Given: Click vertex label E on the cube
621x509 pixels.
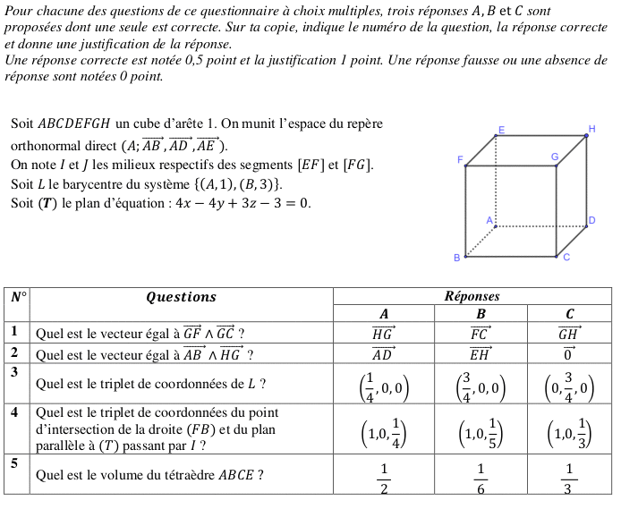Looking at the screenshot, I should [x=501, y=130].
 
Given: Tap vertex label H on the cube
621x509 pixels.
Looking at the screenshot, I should [x=591, y=128].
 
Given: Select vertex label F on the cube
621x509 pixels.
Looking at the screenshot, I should [x=460, y=160].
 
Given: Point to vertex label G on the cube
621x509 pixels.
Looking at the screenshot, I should [x=555, y=157].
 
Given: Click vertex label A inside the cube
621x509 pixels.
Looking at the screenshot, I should [x=489, y=219].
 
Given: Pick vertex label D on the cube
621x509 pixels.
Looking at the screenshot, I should [x=591, y=220].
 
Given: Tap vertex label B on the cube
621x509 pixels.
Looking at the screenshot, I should [x=456, y=258].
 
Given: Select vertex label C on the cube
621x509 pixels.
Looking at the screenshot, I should [x=566, y=258].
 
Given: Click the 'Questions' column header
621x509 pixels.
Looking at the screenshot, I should [x=181, y=297].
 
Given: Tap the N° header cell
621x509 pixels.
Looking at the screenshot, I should [x=18, y=297].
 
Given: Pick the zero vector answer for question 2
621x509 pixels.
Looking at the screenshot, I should [x=569, y=353].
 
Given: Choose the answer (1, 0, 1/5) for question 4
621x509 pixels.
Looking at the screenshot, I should [x=480, y=434].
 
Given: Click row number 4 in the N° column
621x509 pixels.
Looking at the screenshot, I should [x=14, y=412].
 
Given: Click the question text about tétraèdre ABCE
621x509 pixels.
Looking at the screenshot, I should [x=149, y=476].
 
